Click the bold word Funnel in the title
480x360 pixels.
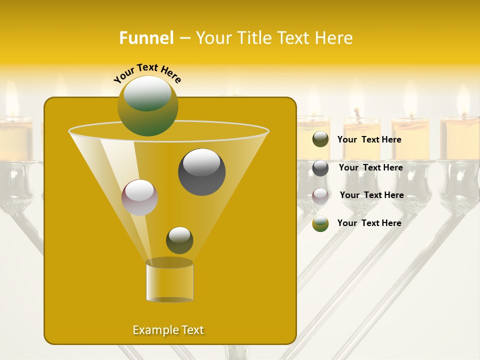pos(146,38)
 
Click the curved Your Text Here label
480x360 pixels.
pos(147,73)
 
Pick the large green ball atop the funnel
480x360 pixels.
pos(147,105)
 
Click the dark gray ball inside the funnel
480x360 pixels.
pos(201,172)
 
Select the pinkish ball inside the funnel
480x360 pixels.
pos(139,197)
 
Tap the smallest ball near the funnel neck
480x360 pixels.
pos(179,240)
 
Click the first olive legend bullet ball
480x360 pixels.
pos(320,139)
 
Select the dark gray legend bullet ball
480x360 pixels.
pos(320,168)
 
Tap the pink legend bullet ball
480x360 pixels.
pos(320,195)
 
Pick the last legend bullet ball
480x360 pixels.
pos(320,223)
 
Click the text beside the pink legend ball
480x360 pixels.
pos(371,195)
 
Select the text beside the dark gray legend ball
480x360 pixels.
pos(370,167)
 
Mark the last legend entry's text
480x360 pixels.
pos(369,223)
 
